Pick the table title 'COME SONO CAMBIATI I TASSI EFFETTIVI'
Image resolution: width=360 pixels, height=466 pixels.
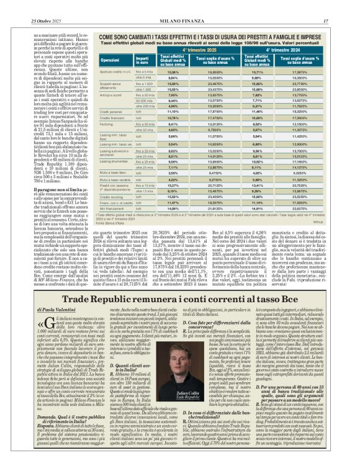[x=211, y=38]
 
